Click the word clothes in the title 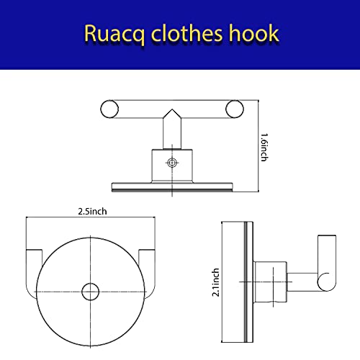[x=186, y=33]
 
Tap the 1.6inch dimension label [x=264, y=148]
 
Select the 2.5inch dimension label [x=92, y=212]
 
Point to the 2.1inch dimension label [x=215, y=282]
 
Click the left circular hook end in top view [x=109, y=109]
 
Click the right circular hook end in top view [x=235, y=109]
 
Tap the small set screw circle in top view [x=172, y=163]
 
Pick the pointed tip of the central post [x=172, y=109]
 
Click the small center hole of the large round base [x=90, y=292]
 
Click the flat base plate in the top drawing [x=172, y=187]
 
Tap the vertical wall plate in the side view [x=248, y=282]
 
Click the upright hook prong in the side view [x=327, y=263]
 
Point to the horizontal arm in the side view [x=302, y=282]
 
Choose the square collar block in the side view [x=270, y=282]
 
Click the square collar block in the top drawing [x=172, y=166]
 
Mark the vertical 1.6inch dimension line [x=258, y=146]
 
